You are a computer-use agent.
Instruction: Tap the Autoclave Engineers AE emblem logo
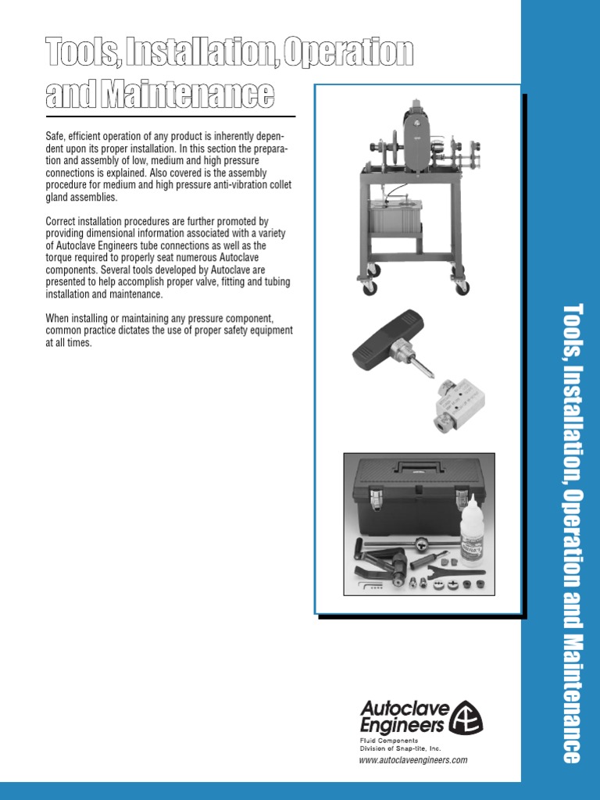click(469, 716)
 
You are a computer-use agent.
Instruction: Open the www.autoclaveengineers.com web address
click(413, 760)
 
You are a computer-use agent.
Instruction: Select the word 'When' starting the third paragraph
click(59, 319)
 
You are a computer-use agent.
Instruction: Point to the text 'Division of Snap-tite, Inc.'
click(400, 748)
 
